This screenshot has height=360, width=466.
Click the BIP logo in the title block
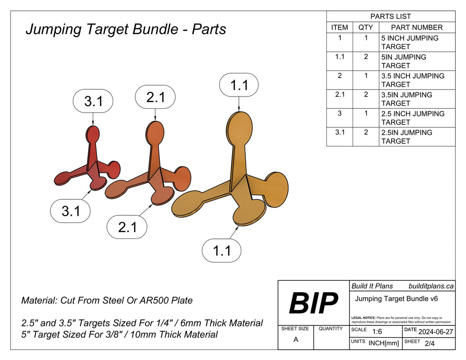[x=314, y=303]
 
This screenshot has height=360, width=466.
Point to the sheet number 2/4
[x=429, y=344]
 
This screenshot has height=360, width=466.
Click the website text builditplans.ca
[x=431, y=286]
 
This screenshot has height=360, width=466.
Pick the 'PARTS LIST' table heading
[x=390, y=16]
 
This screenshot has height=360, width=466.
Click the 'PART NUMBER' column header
[x=416, y=27]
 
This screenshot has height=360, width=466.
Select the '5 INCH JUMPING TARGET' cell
[x=410, y=42]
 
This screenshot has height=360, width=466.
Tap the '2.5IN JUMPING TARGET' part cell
[x=406, y=137]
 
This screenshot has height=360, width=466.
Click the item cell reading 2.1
[x=339, y=95]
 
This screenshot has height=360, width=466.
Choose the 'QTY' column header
[x=365, y=27]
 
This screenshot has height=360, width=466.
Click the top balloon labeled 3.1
[x=93, y=101]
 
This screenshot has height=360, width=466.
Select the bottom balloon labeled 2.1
[x=127, y=227]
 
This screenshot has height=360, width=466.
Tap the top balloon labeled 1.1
[x=239, y=85]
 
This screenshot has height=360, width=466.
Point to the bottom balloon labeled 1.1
[x=222, y=250]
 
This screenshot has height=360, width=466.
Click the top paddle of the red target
[x=93, y=135]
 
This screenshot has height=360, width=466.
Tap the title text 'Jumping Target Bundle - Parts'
[x=126, y=29]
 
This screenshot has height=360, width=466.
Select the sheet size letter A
[x=296, y=340]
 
